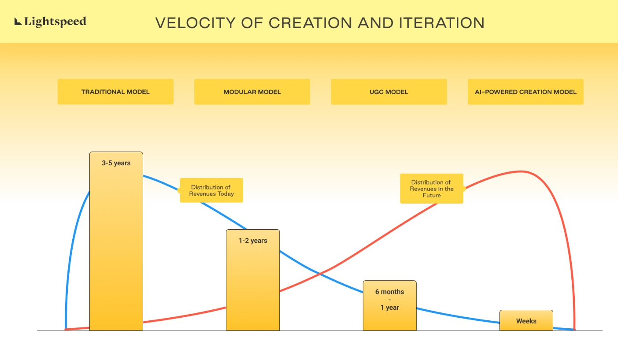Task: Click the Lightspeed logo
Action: pos(50,22)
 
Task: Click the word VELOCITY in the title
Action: pos(195,23)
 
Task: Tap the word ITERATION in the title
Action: pos(442,23)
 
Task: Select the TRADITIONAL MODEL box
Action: pos(115,92)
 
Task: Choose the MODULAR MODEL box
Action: pos(252,92)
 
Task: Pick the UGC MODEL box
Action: pos(389,92)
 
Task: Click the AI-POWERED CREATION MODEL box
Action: pos(525,92)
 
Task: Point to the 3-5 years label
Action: pos(116,163)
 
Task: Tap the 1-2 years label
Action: pos(253,241)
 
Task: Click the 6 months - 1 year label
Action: pos(389,300)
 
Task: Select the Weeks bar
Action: pos(526,320)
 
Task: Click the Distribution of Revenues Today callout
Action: pos(211,190)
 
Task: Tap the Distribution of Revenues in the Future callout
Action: pos(432,189)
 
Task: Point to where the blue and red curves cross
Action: pos(319,274)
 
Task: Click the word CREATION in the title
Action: pos(311,23)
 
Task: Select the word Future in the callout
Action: pos(432,196)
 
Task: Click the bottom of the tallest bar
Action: pos(116,330)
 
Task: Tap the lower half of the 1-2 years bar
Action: pos(253,305)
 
